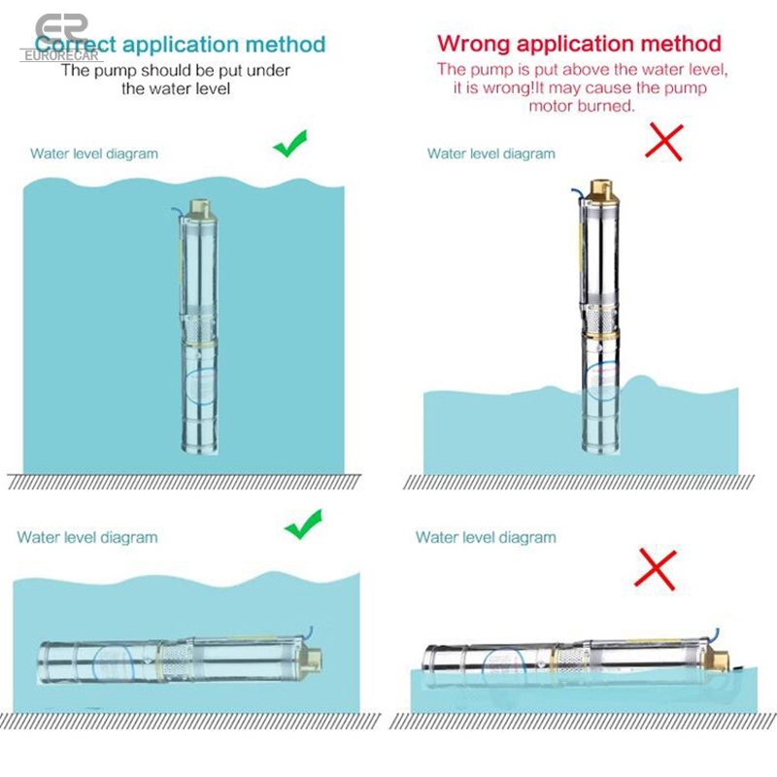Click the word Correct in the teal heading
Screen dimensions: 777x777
(76, 45)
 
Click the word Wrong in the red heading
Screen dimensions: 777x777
(473, 43)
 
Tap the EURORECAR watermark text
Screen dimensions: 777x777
(61, 55)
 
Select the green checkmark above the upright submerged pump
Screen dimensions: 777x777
(290, 143)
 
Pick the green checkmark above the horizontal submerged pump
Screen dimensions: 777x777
(303, 524)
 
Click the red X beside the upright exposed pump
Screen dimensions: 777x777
(664, 143)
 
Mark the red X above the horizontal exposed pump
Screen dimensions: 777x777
(655, 569)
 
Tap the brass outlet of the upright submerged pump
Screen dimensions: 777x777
(199, 209)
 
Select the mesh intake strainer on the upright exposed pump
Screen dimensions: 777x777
(600, 321)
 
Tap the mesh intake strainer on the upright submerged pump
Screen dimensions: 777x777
(199, 327)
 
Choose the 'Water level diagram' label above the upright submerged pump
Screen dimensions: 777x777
(94, 153)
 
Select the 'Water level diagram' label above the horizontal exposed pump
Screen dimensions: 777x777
(486, 537)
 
